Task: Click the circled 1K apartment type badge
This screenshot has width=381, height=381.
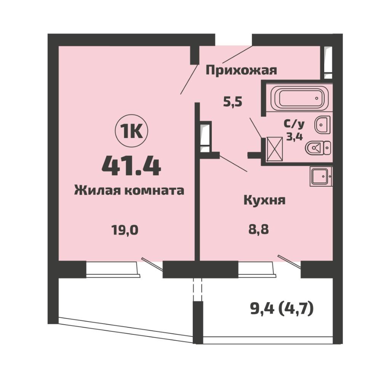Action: click(131, 133)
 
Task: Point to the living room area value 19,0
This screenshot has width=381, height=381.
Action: click(125, 230)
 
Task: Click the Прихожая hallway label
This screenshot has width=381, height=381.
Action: click(241, 71)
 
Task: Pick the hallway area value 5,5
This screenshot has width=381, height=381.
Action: click(233, 102)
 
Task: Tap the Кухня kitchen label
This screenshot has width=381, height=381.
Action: click(264, 201)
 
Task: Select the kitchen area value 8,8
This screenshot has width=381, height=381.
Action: click(259, 229)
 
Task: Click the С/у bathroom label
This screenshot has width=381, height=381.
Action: click(294, 124)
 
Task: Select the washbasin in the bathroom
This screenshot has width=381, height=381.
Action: click(323, 125)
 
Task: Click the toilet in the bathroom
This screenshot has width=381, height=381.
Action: click(318, 147)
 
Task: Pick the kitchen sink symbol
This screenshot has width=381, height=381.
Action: click(321, 176)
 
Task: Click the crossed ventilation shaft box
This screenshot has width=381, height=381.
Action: click(275, 149)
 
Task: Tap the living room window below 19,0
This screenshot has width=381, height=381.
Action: click(113, 269)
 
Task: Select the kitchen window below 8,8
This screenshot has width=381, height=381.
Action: click(257, 269)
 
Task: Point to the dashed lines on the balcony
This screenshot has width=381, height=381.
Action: click(197, 290)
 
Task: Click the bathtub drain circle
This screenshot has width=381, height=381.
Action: click(317, 98)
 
